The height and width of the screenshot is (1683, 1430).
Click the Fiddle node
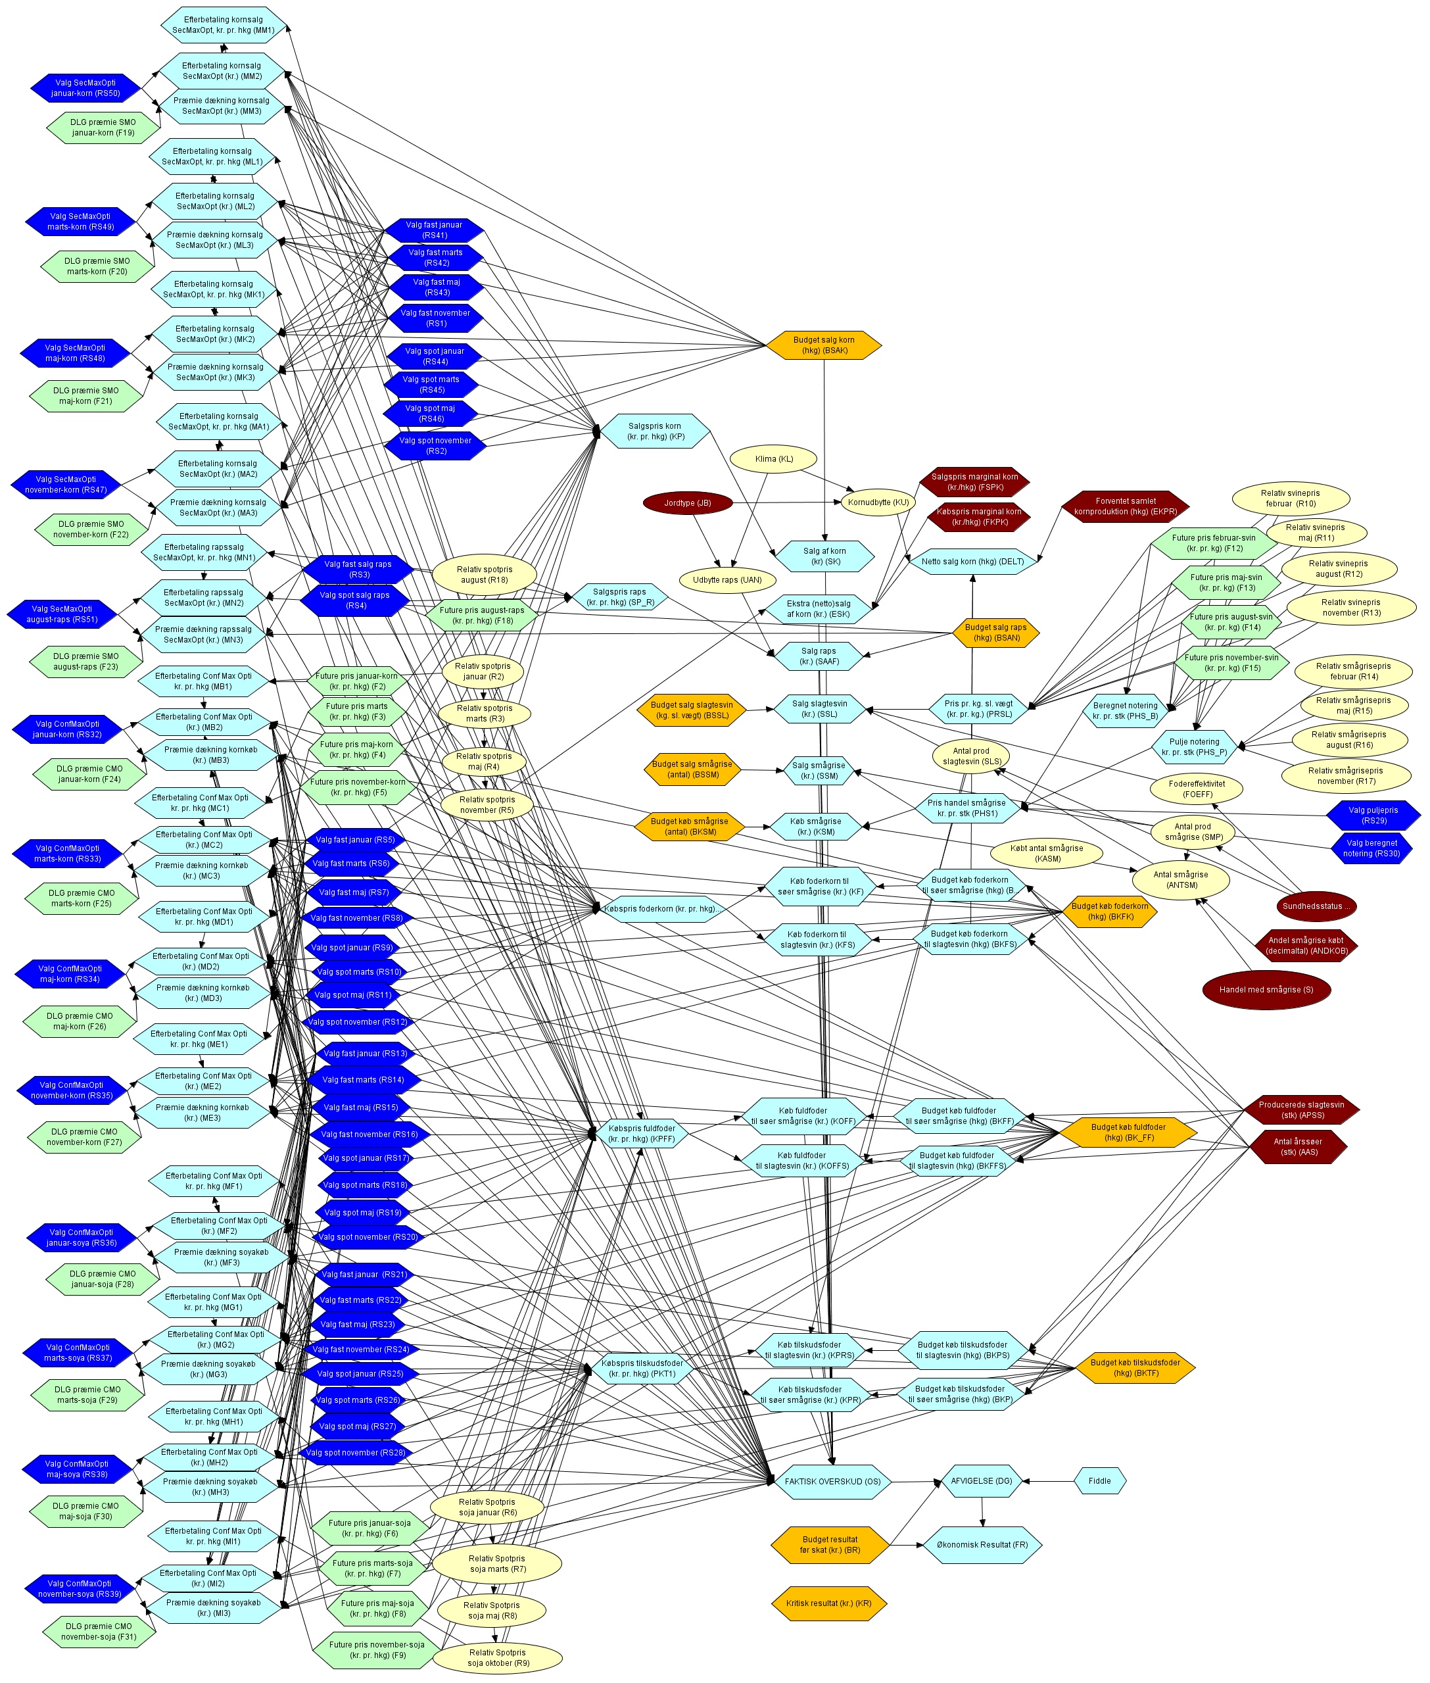[1099, 1481]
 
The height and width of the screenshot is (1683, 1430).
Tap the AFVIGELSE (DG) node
[981, 1481]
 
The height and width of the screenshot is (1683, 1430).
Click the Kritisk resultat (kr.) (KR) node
[828, 1603]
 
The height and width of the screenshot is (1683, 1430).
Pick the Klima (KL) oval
[773, 459]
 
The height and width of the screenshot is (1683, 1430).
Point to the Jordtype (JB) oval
[688, 502]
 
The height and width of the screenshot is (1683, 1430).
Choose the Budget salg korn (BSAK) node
[824, 345]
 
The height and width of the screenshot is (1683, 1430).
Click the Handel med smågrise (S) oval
[1266, 989]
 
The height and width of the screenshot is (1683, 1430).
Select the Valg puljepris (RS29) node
[1372, 815]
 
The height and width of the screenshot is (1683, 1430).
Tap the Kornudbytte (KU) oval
[877, 502]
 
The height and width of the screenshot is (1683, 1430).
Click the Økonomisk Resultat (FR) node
[982, 1544]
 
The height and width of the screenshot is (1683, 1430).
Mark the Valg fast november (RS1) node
[435, 318]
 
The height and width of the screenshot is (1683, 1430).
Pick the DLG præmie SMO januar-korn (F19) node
[103, 128]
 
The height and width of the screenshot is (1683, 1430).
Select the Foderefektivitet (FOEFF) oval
[1197, 789]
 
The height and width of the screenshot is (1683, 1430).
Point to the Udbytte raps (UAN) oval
[727, 579]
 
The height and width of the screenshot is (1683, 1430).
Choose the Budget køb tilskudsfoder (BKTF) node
[1135, 1367]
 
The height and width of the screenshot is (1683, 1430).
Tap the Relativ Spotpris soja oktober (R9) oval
[498, 1657]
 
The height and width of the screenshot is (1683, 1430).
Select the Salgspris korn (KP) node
[655, 431]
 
